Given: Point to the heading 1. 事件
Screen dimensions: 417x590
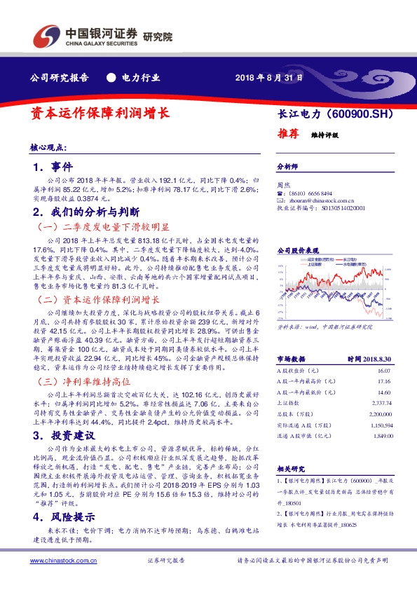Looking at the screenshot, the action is pos(53,168).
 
